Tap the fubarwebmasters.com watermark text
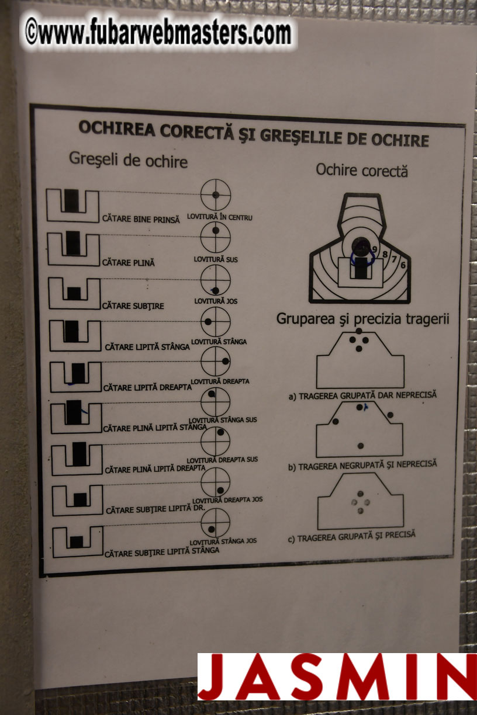tap(158, 32)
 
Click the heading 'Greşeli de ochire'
tap(128, 159)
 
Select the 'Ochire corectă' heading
tap(362, 171)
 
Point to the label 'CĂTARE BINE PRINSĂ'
tap(141, 219)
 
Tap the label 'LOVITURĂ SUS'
tap(216, 259)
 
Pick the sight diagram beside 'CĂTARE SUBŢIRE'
tap(74, 293)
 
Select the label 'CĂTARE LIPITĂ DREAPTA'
tap(147, 387)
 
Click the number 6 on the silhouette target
tap(403, 265)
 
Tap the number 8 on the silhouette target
tap(385, 254)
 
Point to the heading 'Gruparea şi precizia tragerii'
tap(362, 318)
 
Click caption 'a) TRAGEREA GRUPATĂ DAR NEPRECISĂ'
tap(362, 395)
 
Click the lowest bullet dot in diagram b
tap(361, 446)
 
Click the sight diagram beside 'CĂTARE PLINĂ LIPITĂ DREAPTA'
tap(77, 459)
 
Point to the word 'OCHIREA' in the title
tap(117, 128)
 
